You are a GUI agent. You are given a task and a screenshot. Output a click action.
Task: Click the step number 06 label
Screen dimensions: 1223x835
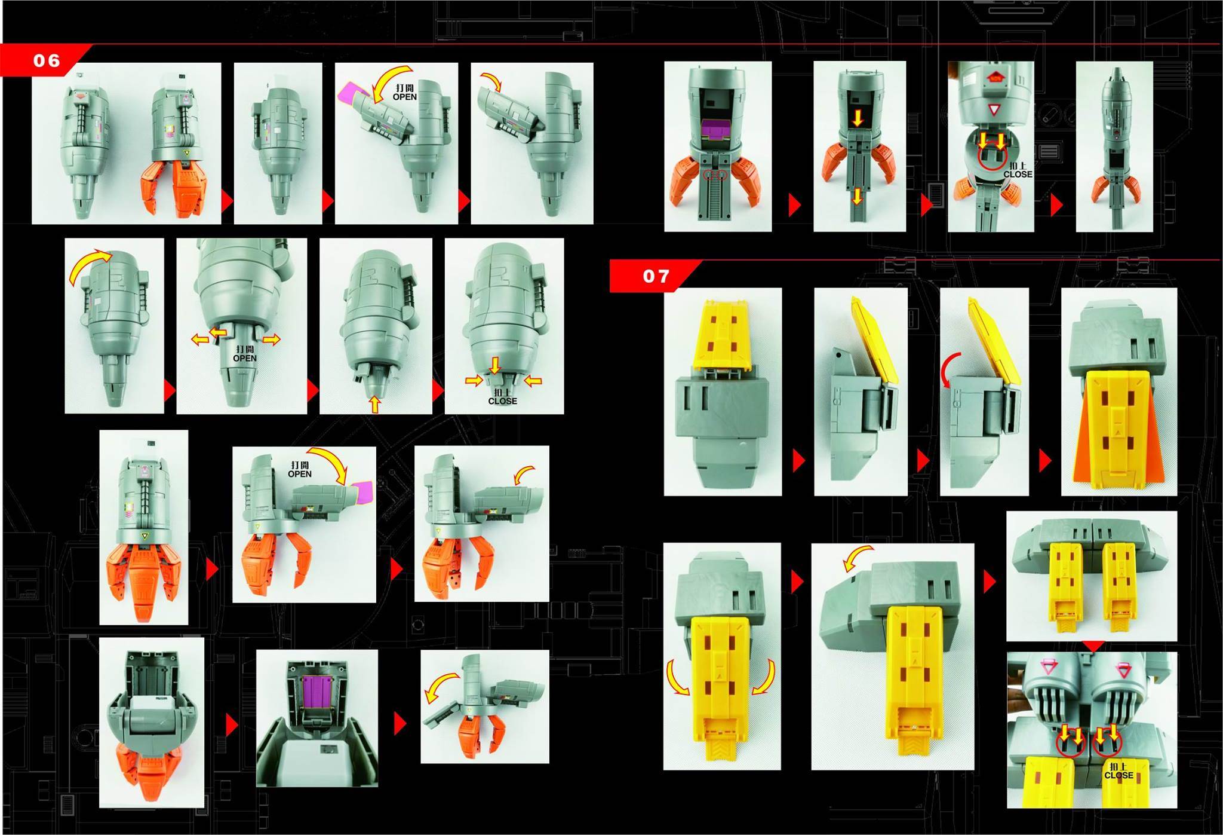(x=47, y=60)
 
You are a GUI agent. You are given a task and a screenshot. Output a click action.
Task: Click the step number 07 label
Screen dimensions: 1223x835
(x=656, y=276)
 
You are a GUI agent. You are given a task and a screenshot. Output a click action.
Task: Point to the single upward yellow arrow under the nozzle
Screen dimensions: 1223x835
(x=374, y=405)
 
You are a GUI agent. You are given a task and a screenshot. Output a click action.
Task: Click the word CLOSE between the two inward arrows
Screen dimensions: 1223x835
(x=502, y=401)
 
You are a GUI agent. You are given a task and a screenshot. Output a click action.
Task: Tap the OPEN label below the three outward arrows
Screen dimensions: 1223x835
(x=245, y=358)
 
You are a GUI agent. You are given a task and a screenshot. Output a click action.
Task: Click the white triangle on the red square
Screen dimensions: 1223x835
(x=994, y=111)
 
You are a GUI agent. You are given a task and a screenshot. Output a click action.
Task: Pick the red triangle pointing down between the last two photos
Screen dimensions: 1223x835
(x=1092, y=646)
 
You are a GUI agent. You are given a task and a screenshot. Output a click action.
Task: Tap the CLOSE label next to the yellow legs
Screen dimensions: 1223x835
(x=1118, y=775)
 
